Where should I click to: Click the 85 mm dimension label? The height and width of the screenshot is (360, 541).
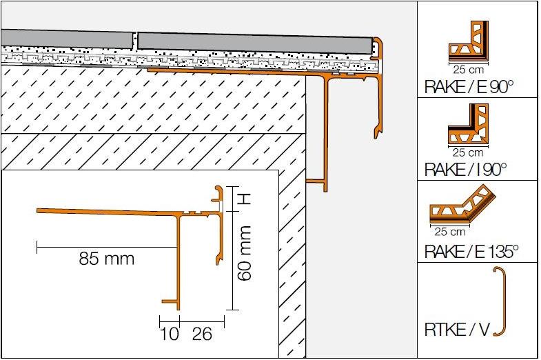tap(107, 259)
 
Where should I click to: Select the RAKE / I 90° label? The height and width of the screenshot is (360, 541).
tap(465, 169)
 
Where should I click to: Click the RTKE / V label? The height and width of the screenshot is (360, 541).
tap(457, 330)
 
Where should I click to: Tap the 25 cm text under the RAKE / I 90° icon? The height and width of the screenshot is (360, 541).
tap(467, 152)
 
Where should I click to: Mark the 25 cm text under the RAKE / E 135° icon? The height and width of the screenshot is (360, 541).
tap(450, 232)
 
